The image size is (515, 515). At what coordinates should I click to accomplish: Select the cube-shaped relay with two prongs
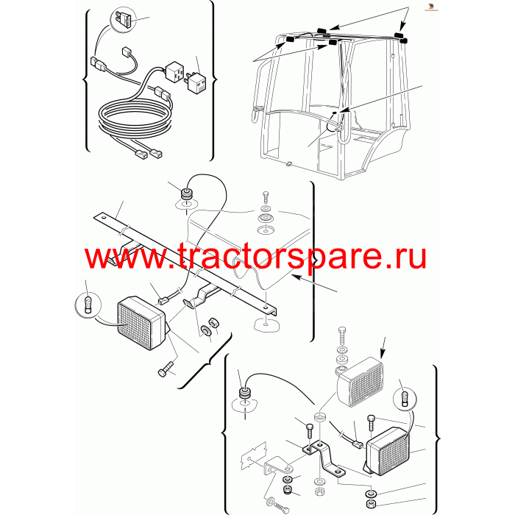(196, 82)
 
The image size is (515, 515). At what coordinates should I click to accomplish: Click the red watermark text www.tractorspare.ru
(255, 257)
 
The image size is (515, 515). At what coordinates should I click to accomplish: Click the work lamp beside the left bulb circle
(142, 322)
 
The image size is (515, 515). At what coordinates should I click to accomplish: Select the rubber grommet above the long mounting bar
(187, 194)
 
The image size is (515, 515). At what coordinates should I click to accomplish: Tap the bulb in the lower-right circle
(405, 397)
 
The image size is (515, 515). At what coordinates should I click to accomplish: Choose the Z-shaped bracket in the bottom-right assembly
(324, 458)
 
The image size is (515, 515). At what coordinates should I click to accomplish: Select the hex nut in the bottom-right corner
(371, 504)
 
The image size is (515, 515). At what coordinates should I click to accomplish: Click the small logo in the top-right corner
(431, 7)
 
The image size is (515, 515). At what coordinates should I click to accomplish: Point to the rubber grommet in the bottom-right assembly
(244, 393)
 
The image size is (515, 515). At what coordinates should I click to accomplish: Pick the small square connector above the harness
(126, 52)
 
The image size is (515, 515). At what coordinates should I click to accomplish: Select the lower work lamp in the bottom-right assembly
(388, 451)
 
